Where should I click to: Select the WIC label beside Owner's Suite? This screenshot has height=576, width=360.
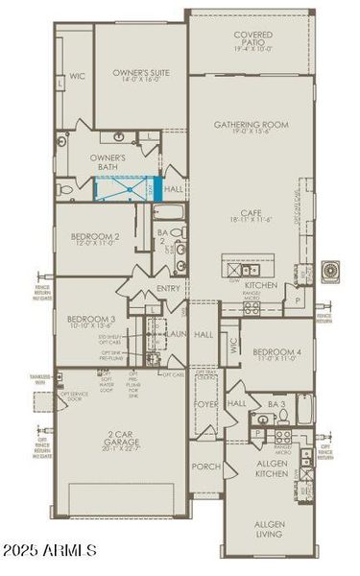tap(76, 76)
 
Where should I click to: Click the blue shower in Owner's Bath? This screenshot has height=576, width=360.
tap(126, 187)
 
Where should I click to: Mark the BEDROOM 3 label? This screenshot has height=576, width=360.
tap(91, 322)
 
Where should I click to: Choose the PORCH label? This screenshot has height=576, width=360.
tap(206, 468)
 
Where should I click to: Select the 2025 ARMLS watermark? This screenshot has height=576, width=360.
tap(50, 550)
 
